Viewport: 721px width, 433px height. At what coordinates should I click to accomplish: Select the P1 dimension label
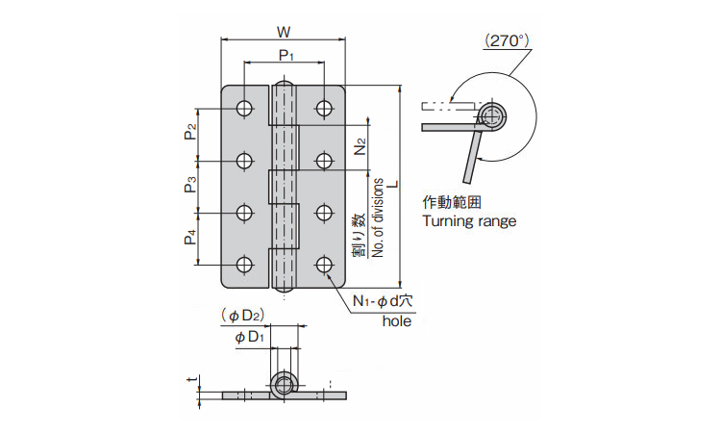[x=286, y=56]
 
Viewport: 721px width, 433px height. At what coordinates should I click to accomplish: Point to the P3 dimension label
[x=191, y=184]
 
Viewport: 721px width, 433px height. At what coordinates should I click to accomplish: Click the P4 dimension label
[x=191, y=237]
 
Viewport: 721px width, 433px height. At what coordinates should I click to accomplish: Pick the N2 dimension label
[x=359, y=148]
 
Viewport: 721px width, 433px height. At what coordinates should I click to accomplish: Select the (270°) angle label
[x=508, y=40]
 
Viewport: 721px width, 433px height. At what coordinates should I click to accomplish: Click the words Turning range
[x=469, y=220]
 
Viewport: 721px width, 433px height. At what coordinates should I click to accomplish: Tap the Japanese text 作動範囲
[x=451, y=202]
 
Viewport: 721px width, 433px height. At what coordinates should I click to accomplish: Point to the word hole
[x=397, y=321]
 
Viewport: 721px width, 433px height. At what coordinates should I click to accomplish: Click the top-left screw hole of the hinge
[x=245, y=108]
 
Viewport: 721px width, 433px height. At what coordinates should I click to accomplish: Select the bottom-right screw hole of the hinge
[x=325, y=264]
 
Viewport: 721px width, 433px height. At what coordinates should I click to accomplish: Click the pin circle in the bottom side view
[x=284, y=386]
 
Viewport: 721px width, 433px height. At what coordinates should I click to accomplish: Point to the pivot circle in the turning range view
[x=494, y=117]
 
